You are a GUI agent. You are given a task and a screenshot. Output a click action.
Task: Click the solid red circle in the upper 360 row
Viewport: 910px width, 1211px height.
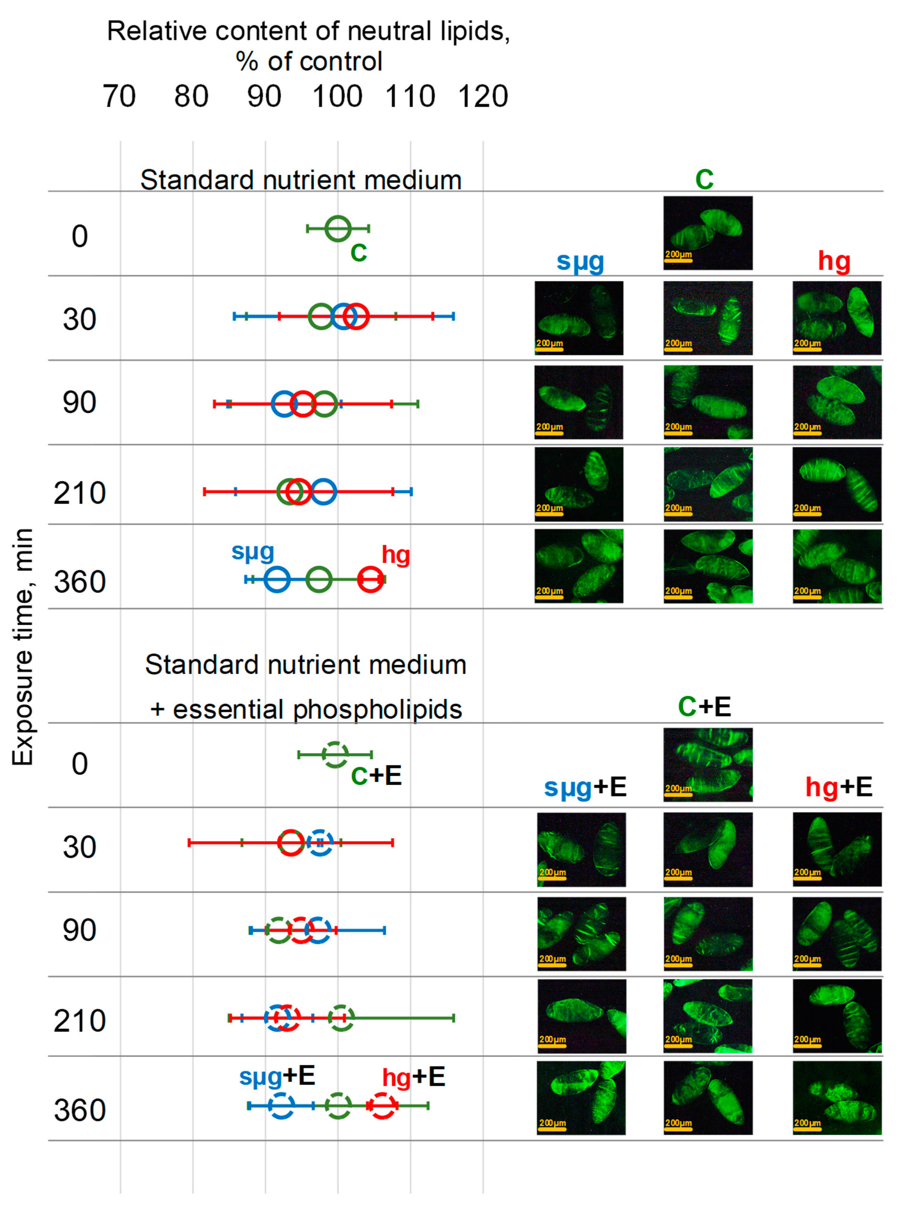(371, 579)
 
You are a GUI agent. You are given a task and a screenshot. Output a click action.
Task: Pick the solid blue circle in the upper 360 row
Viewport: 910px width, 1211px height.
(277, 579)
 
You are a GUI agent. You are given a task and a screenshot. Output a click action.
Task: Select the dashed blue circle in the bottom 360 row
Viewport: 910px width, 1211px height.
(281, 1105)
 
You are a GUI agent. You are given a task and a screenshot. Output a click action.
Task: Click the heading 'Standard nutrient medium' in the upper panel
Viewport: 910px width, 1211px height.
(300, 180)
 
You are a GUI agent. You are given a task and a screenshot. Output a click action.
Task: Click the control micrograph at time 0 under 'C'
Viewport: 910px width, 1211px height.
(707, 233)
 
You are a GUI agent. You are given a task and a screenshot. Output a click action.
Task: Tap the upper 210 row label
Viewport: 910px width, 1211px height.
(79, 493)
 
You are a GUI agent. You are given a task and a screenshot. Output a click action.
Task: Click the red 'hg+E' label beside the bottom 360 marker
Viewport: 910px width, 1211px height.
(414, 1076)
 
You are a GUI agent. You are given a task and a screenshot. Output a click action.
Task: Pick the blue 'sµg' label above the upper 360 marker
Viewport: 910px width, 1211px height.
(252, 551)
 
